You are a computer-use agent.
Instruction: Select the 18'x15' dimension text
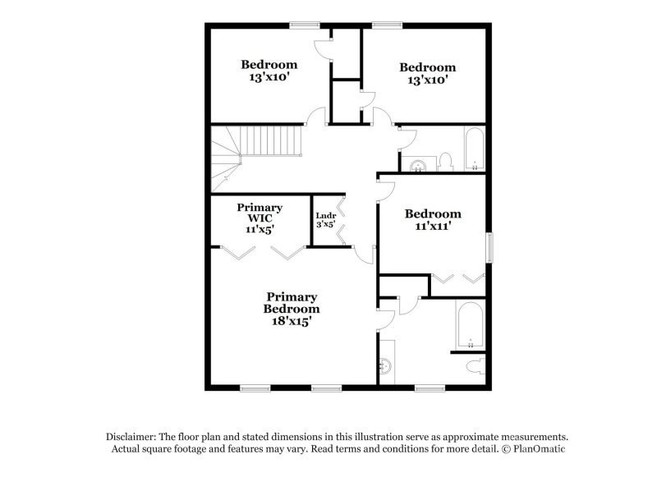(x=291, y=322)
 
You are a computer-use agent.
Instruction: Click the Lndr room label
(x=326, y=216)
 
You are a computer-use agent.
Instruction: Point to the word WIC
(x=260, y=218)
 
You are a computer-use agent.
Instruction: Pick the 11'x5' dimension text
(x=260, y=230)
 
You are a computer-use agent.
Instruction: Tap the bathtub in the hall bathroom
(x=475, y=149)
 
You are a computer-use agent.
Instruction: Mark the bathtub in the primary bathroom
(x=470, y=324)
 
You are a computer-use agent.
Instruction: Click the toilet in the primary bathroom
(x=475, y=366)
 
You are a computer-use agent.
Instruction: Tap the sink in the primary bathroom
(x=387, y=365)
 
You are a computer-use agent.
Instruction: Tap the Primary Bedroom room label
(x=291, y=302)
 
